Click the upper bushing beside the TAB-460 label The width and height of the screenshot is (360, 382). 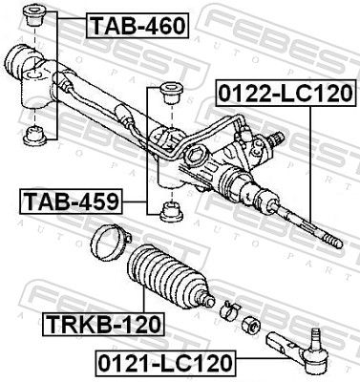[38, 17]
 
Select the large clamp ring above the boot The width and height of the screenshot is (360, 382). [110, 240]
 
